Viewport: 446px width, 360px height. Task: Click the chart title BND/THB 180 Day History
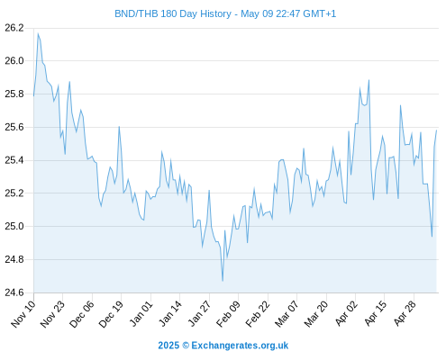pyautogui.click(x=173, y=13)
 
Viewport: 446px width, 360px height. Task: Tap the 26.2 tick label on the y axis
pyautogui.click(x=14, y=28)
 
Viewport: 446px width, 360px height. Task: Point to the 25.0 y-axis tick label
pyautogui.click(x=14, y=226)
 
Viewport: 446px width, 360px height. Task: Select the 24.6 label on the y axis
pyautogui.click(x=14, y=292)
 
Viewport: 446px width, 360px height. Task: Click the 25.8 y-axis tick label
pyautogui.click(x=14, y=94)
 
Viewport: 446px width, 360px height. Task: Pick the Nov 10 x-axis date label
pyautogui.click(x=23, y=314)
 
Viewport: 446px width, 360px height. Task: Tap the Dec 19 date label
pyautogui.click(x=111, y=314)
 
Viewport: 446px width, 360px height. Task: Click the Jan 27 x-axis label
pyautogui.click(x=199, y=314)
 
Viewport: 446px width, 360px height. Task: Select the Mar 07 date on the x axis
pyautogui.click(x=287, y=314)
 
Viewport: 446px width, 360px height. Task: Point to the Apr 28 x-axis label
pyautogui.click(x=404, y=314)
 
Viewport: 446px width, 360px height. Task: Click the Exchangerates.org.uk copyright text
pyautogui.click(x=223, y=346)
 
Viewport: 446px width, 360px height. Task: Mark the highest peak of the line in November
pyautogui.click(x=38, y=33)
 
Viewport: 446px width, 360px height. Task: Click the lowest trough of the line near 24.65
pyautogui.click(x=223, y=281)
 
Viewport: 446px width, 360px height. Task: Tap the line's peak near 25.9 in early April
pyautogui.click(x=369, y=80)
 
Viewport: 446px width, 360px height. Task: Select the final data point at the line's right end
pyautogui.click(x=436, y=130)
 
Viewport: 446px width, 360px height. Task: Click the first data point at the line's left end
pyautogui.click(x=33, y=95)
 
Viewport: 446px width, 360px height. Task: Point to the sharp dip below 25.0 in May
pyautogui.click(x=432, y=237)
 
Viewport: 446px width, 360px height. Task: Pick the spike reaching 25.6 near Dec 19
pyautogui.click(x=119, y=127)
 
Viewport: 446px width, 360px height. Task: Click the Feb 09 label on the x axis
pyautogui.click(x=228, y=314)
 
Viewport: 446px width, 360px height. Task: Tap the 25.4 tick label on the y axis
pyautogui.click(x=14, y=160)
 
